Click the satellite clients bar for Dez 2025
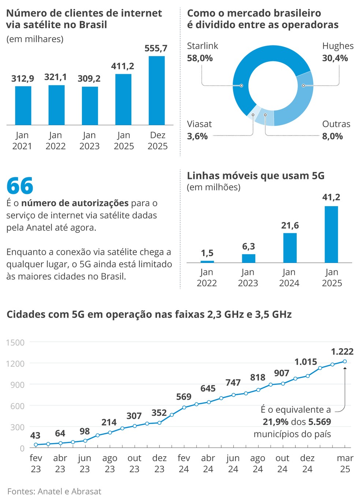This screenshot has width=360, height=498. (x=157, y=90)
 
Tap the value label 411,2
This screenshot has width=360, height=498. (x=123, y=66)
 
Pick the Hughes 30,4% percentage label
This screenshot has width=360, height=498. (x=335, y=58)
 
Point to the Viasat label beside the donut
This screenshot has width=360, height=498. (x=199, y=124)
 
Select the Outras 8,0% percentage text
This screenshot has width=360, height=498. (x=332, y=137)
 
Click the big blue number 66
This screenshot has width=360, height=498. (x=20, y=186)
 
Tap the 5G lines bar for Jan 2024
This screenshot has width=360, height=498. (x=290, y=248)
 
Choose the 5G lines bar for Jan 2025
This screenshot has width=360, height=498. (x=331, y=234)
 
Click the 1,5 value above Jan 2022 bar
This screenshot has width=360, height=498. (x=207, y=253)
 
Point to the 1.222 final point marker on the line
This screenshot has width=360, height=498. (x=345, y=361)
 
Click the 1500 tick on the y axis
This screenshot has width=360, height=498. (x=15, y=343)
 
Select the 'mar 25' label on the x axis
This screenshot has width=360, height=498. (x=345, y=464)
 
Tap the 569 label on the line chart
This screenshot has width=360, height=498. (x=184, y=397)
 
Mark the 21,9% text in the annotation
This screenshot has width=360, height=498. (x=275, y=422)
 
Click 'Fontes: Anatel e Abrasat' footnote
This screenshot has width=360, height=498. (x=54, y=491)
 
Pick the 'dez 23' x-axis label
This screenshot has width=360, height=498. (x=159, y=464)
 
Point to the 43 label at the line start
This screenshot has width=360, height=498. (x=35, y=436)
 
